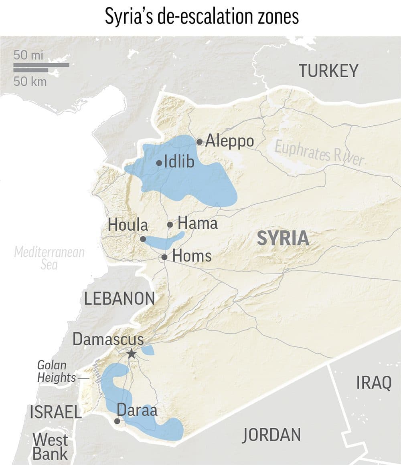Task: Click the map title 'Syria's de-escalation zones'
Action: [202, 17]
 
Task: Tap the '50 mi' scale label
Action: [28, 55]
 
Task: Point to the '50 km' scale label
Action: [30, 81]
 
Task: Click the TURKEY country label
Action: [328, 71]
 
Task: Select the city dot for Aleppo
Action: [199, 142]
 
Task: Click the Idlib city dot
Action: [159, 163]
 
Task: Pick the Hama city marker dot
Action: [170, 225]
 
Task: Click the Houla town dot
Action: [143, 239]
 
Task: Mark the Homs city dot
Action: [164, 257]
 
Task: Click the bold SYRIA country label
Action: [283, 238]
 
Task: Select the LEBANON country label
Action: [119, 299]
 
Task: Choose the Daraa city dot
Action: [117, 421]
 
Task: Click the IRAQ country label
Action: [373, 383]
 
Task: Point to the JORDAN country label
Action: [271, 435]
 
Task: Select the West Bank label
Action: [50, 447]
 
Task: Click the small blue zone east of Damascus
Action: [148, 350]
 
